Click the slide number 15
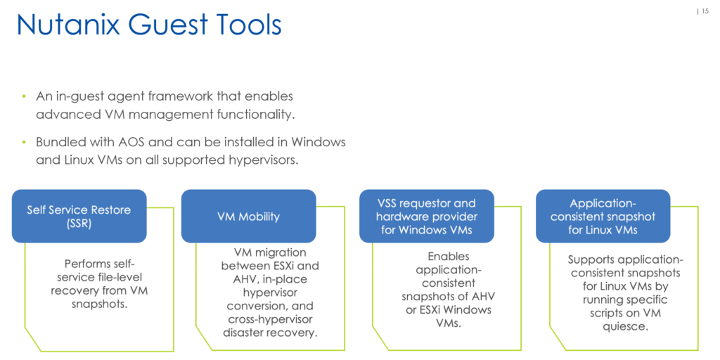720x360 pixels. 705,11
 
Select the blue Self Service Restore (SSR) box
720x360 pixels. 79,217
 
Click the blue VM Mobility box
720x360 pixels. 248,217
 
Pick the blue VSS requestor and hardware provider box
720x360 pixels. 427,217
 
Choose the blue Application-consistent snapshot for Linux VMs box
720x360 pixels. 603,217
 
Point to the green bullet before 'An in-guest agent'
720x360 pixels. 24,97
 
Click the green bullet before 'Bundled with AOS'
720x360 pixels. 24,142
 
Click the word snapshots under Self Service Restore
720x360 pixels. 100,304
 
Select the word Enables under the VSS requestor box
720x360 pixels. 442,256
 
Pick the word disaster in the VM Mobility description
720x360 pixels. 247,332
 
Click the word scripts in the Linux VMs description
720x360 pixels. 606,313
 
